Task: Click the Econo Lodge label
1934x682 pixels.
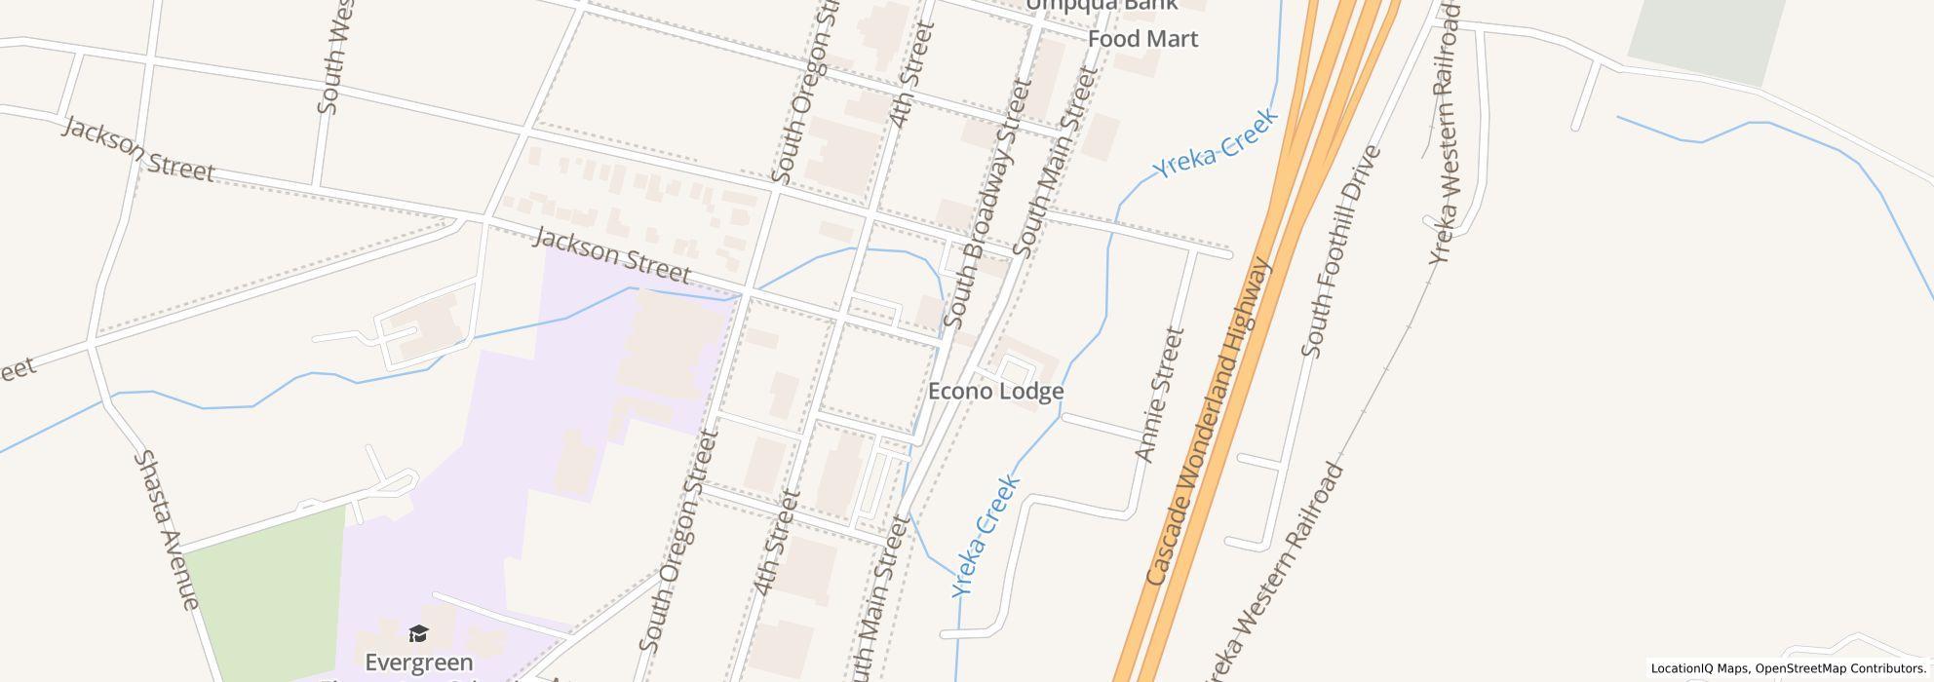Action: [x=995, y=392]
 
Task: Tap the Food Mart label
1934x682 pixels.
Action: [x=1142, y=39]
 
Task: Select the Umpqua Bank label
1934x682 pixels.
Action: [x=1102, y=5]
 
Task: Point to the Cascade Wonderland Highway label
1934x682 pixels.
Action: [x=1209, y=422]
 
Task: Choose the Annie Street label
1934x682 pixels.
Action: [x=1159, y=395]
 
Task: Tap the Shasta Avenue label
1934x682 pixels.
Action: [x=166, y=529]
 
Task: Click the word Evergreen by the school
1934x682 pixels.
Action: [x=419, y=663]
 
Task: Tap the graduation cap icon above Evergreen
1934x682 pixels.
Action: [x=418, y=635]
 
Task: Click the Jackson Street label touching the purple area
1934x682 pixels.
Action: [x=612, y=255]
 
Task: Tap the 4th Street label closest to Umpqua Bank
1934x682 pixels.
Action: [x=911, y=74]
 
